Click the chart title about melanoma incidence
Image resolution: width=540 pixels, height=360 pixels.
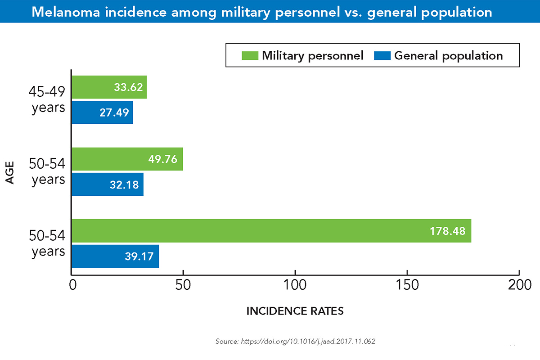click(262, 12)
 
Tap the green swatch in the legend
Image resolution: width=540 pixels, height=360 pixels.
click(250, 55)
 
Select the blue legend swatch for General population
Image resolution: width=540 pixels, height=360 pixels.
click(382, 55)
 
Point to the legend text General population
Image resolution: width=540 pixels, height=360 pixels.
click(448, 55)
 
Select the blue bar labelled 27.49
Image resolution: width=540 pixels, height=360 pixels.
click(102, 112)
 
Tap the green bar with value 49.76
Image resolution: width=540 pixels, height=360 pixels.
click(127, 159)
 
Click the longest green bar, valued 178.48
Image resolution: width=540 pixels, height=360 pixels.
click(271, 231)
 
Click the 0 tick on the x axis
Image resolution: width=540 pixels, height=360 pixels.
click(72, 285)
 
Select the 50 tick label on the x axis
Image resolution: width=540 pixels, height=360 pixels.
click(183, 285)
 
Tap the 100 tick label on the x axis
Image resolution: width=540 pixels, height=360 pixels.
click(295, 285)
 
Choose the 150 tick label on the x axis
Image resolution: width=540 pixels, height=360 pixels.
click(407, 285)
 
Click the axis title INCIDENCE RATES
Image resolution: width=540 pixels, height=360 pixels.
click(295, 311)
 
